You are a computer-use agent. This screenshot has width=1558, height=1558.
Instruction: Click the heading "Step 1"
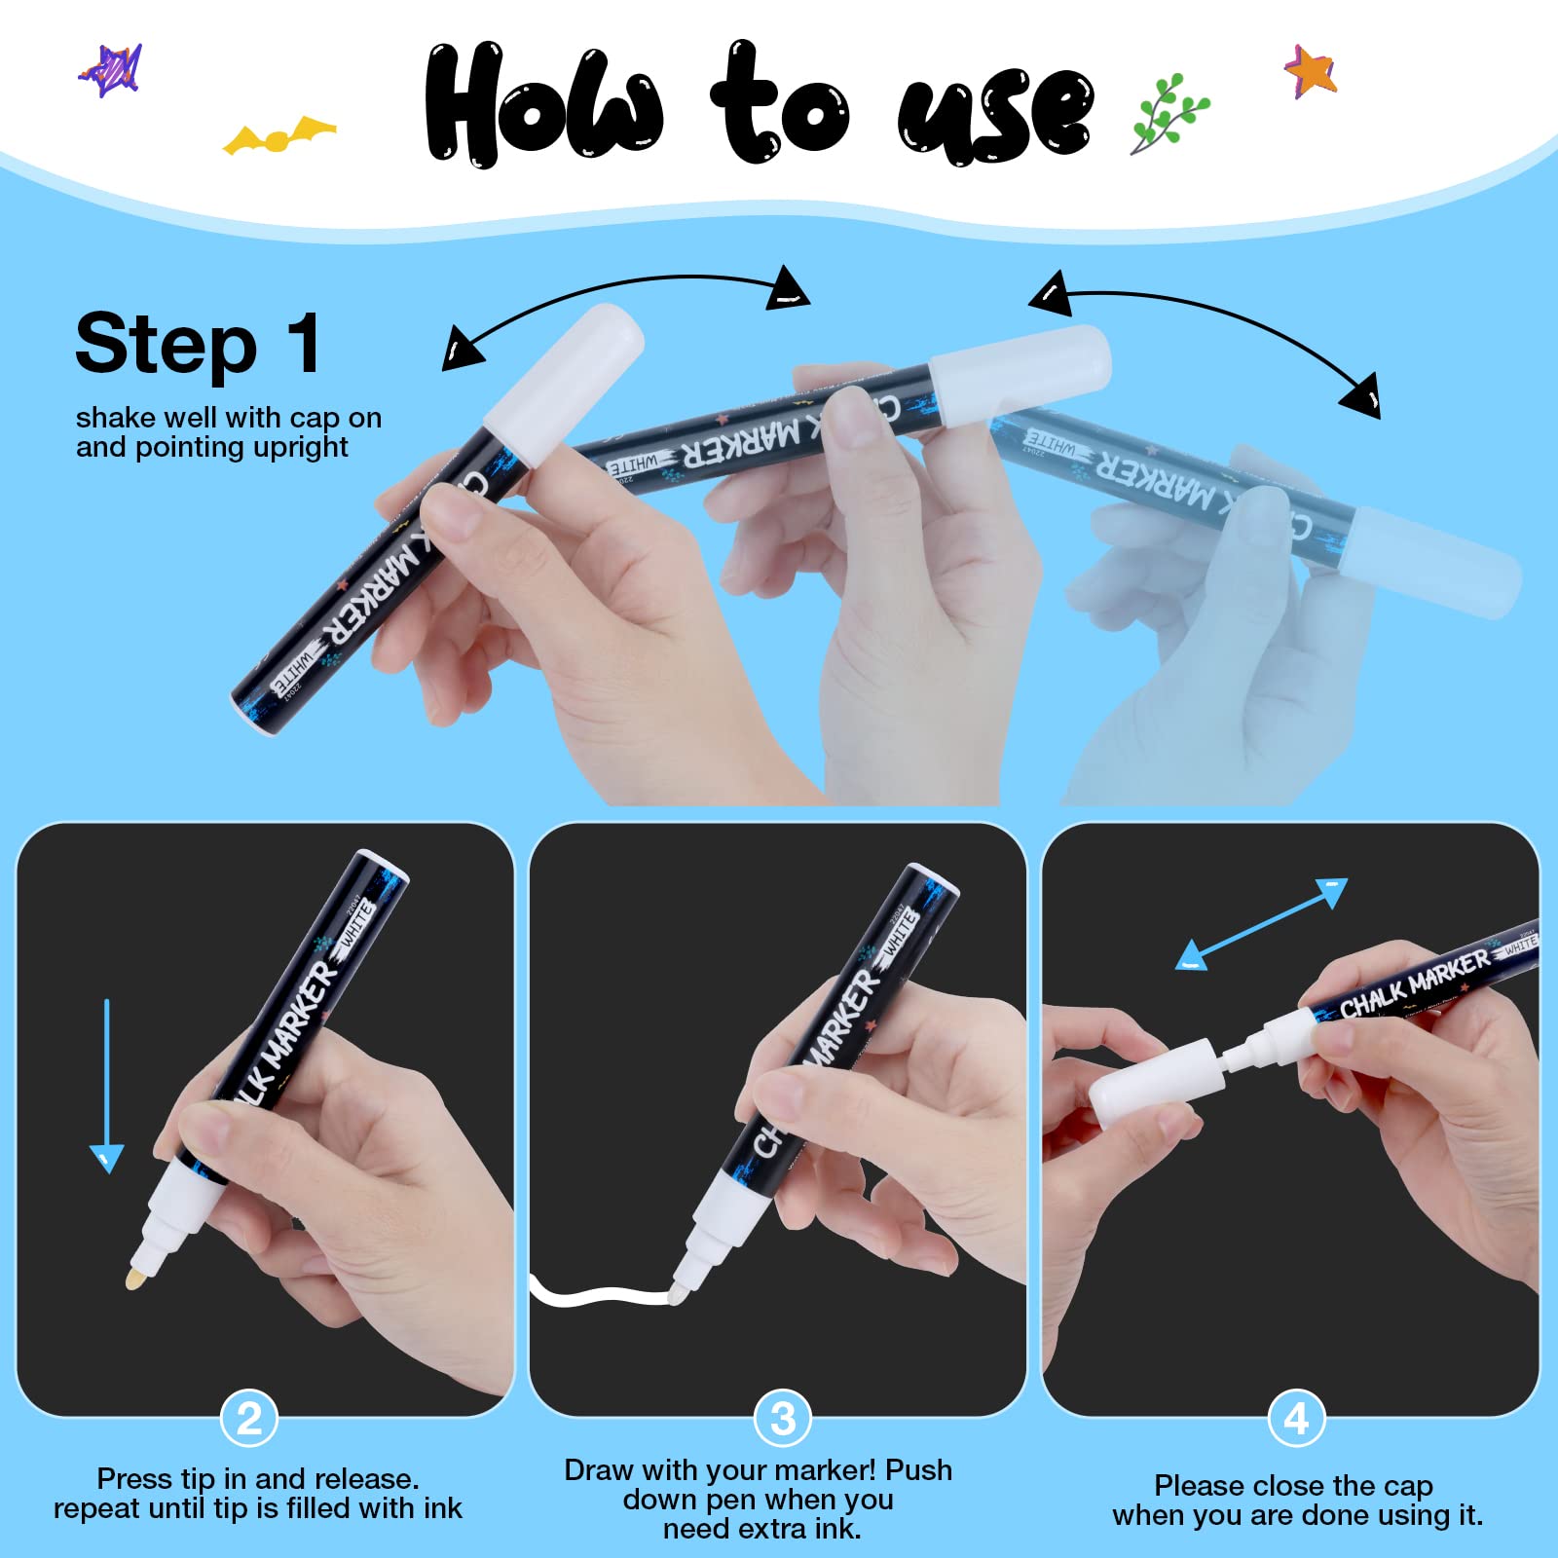[x=198, y=344]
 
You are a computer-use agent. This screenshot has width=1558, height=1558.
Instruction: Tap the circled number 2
[x=249, y=1419]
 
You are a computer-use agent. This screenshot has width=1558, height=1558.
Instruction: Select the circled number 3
[x=783, y=1419]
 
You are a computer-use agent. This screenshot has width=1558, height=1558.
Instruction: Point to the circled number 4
[x=1296, y=1419]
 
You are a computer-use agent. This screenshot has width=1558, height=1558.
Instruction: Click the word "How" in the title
[x=544, y=104]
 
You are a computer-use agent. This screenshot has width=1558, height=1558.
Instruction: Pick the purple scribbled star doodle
[x=111, y=70]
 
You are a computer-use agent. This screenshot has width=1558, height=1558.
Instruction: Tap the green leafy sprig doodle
[x=1169, y=114]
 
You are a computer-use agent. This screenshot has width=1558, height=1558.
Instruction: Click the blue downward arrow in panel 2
[x=106, y=1086]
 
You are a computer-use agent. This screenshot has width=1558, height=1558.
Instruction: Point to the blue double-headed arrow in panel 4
[x=1262, y=924]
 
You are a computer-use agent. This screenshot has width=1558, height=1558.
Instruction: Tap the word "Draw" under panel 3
[x=600, y=1470]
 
